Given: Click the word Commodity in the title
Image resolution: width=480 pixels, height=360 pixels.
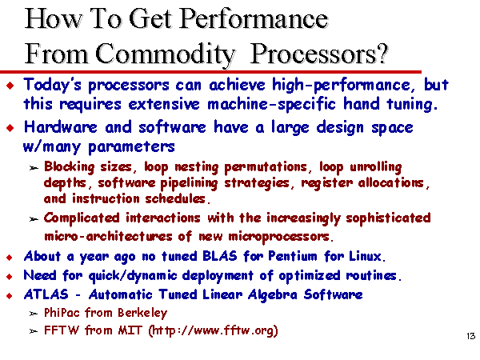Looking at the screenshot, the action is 166,54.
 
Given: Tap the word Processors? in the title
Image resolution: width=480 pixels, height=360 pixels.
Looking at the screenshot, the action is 319,54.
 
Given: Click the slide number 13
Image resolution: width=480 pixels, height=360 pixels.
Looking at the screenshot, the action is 471,336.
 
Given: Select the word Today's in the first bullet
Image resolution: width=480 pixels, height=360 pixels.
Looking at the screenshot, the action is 53,85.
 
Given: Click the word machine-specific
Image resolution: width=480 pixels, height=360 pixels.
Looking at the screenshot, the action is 271,104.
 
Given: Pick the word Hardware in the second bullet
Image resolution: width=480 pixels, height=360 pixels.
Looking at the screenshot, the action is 61,127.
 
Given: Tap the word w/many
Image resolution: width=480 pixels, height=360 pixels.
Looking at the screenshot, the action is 52,147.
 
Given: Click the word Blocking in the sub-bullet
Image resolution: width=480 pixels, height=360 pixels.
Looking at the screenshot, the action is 70,167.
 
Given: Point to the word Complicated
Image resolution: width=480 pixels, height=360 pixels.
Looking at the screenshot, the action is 82,218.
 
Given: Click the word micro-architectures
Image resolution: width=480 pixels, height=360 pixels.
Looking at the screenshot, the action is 108,237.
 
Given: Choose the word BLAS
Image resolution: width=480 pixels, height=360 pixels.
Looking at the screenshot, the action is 220,256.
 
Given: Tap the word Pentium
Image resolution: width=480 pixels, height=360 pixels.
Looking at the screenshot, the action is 293,256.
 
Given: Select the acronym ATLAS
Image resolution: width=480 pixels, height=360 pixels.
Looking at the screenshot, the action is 46,294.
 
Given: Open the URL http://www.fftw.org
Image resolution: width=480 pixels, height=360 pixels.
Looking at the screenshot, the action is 213,330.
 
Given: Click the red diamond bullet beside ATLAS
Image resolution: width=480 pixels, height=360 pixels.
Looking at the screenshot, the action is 10,295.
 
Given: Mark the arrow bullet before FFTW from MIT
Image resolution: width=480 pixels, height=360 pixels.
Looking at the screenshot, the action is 34,331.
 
